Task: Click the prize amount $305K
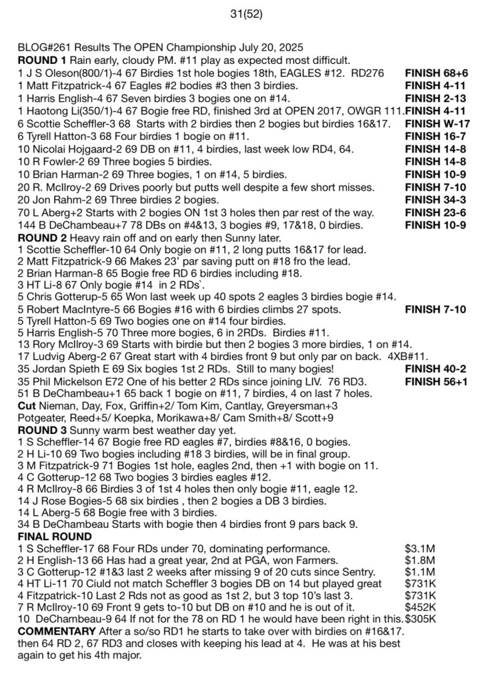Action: (x=420, y=619)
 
